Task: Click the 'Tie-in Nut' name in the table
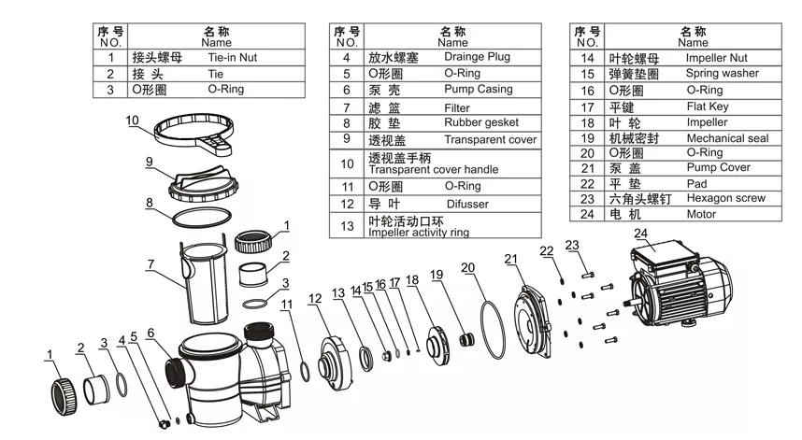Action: (x=232, y=58)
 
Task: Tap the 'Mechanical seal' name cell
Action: (x=726, y=138)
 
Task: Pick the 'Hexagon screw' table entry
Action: (x=725, y=198)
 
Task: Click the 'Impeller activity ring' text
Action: (x=418, y=233)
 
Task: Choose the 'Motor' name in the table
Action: (x=701, y=214)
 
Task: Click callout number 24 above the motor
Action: (x=640, y=234)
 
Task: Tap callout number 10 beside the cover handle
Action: (x=132, y=121)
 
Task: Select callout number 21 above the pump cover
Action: (x=510, y=259)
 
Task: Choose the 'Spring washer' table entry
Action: (x=722, y=74)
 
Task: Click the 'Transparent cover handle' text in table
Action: (x=433, y=169)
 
